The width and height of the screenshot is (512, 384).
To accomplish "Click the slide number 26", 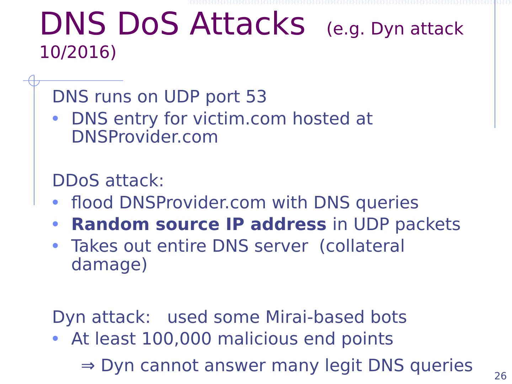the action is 500,376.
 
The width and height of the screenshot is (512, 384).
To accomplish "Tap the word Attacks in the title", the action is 247,24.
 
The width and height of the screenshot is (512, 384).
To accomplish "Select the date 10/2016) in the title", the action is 78,52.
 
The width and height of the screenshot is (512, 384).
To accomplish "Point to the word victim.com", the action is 239,119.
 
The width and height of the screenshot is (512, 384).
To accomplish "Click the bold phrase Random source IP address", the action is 198,224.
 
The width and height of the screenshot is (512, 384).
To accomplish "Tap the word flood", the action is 92,203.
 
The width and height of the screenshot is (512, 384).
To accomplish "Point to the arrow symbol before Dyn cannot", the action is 88,366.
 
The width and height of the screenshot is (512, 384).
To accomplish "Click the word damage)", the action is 109,265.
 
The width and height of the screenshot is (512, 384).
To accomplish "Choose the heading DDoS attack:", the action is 108,181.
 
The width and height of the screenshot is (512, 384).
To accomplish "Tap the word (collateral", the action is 362,246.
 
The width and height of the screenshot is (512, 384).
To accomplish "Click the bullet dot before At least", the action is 55,339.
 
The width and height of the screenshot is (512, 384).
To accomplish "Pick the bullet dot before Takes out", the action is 55,246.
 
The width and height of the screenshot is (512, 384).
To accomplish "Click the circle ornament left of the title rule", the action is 34,81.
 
